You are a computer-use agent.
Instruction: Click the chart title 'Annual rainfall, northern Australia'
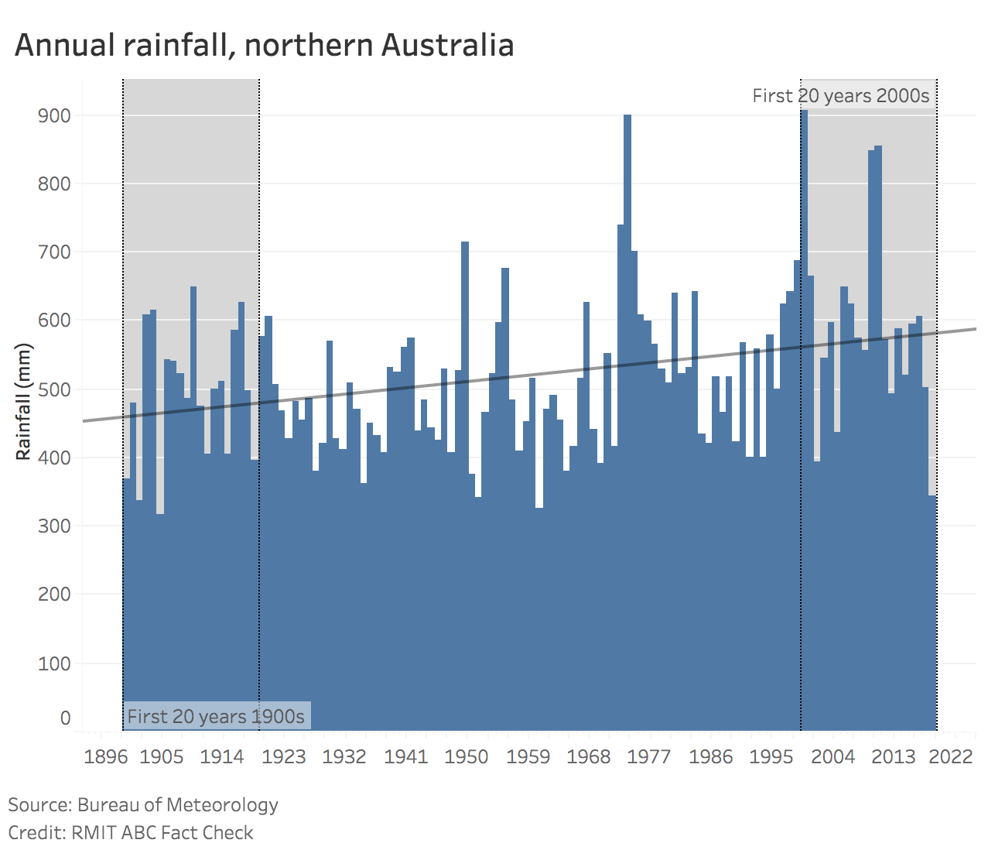click(x=264, y=45)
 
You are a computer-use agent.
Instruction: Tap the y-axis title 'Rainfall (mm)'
click(x=24, y=401)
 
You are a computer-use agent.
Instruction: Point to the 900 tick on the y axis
click(x=54, y=115)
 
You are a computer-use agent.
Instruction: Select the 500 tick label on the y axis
click(x=54, y=389)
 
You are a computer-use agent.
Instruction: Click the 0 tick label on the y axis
click(x=65, y=718)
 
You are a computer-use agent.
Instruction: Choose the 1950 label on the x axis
click(x=466, y=756)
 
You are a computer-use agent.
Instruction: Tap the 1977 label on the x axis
click(x=648, y=756)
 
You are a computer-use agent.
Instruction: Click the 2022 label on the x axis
click(x=951, y=756)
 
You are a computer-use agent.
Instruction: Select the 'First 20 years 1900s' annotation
click(x=216, y=716)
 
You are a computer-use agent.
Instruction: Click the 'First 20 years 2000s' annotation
click(x=840, y=96)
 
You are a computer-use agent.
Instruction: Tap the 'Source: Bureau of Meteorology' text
click(x=143, y=804)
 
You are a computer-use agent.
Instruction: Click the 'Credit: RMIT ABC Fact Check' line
click(x=131, y=832)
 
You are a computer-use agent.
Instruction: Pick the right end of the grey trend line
click(x=975, y=329)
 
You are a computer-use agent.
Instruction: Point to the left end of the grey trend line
click(x=84, y=421)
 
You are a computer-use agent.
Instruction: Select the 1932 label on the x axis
click(x=344, y=756)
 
